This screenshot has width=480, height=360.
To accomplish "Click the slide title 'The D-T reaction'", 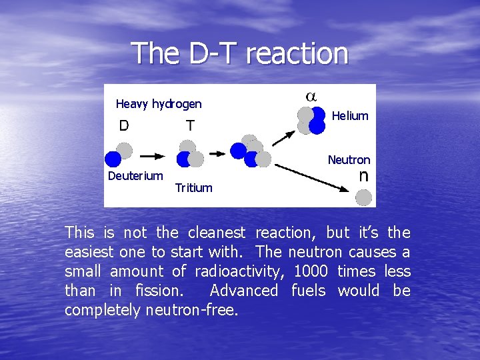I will click(x=240, y=53).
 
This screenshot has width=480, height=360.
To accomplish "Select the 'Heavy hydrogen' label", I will click(x=159, y=104).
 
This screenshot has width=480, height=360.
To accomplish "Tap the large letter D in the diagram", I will click(x=124, y=125).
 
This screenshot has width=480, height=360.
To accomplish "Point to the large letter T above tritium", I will click(x=190, y=125).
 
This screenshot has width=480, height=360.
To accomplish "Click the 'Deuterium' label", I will click(x=135, y=176).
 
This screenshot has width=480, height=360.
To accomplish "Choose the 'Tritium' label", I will click(x=193, y=188).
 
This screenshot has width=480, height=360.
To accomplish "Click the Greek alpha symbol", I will click(x=311, y=95).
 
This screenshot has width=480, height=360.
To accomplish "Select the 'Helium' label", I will click(x=350, y=116).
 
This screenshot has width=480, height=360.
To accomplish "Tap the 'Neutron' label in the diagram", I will click(x=349, y=160).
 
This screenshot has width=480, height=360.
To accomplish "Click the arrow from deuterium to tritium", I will click(x=152, y=156).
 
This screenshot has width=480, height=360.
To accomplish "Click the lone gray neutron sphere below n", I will click(x=363, y=197).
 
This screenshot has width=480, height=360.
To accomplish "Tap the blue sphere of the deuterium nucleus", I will click(x=113, y=159).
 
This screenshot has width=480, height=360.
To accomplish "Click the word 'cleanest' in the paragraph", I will click(x=217, y=233).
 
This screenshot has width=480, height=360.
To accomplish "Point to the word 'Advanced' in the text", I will click(x=243, y=291).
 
